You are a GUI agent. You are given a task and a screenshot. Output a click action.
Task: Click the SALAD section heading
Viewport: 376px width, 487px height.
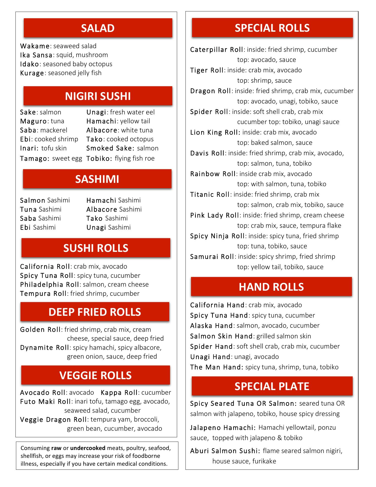click(98, 28)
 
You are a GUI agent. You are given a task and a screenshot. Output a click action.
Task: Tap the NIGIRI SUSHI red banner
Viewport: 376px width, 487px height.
click(98, 96)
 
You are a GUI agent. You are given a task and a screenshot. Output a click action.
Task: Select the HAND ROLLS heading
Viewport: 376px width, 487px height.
click(271, 287)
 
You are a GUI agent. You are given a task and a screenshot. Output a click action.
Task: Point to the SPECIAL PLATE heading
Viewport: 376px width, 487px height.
click(272, 386)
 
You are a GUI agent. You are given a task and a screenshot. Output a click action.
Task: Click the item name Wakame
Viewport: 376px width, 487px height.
click(35, 46)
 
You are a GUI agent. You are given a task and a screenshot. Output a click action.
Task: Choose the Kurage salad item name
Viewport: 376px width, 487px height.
click(32, 73)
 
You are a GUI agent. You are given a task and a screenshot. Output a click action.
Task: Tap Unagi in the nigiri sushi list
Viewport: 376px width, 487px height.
click(96, 112)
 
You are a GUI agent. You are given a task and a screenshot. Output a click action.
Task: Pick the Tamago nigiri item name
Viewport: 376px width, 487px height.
click(34, 159)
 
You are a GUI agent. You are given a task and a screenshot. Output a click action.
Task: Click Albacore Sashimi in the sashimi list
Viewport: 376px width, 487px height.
click(114, 210)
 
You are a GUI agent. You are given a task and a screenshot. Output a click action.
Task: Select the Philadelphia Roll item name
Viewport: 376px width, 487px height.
click(50, 285)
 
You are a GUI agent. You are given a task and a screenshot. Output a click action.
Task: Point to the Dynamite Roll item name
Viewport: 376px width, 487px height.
click(45, 348)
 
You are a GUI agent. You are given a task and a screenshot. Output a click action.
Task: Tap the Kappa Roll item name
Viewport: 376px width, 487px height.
click(119, 393)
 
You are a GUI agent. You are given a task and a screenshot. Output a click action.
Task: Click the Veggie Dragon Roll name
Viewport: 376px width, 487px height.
click(53, 420)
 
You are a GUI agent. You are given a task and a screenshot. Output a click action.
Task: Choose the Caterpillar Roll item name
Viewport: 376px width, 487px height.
click(217, 50)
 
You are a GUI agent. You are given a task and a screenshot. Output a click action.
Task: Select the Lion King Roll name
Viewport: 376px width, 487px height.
click(215, 132)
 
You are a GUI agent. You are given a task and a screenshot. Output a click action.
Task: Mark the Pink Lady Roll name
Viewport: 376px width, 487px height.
click(215, 215)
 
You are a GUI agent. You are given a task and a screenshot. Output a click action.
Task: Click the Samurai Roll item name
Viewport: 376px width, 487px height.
click(212, 257)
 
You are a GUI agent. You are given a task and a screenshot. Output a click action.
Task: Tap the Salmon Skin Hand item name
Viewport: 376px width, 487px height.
click(221, 336)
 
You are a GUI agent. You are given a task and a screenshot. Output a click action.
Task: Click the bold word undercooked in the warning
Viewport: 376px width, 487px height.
click(88, 448)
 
